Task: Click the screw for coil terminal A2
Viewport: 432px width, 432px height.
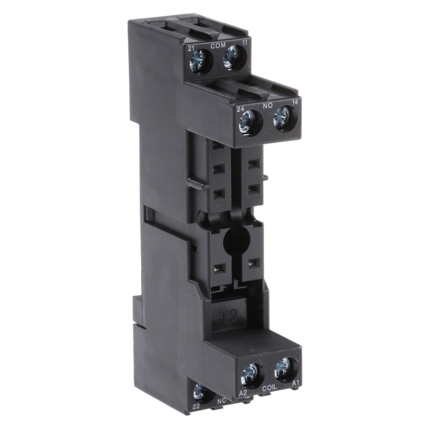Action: click(252, 373)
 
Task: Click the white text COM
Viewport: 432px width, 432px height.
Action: click(218, 46)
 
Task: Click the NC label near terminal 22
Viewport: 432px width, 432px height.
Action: click(221, 401)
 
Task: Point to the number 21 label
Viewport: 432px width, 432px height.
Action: click(191, 49)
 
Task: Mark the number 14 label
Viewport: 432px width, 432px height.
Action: click(295, 102)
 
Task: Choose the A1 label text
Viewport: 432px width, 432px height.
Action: click(295, 383)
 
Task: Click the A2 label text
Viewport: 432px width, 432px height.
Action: click(243, 393)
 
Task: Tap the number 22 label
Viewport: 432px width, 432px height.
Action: click(197, 406)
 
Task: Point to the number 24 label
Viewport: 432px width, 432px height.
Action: click(241, 110)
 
